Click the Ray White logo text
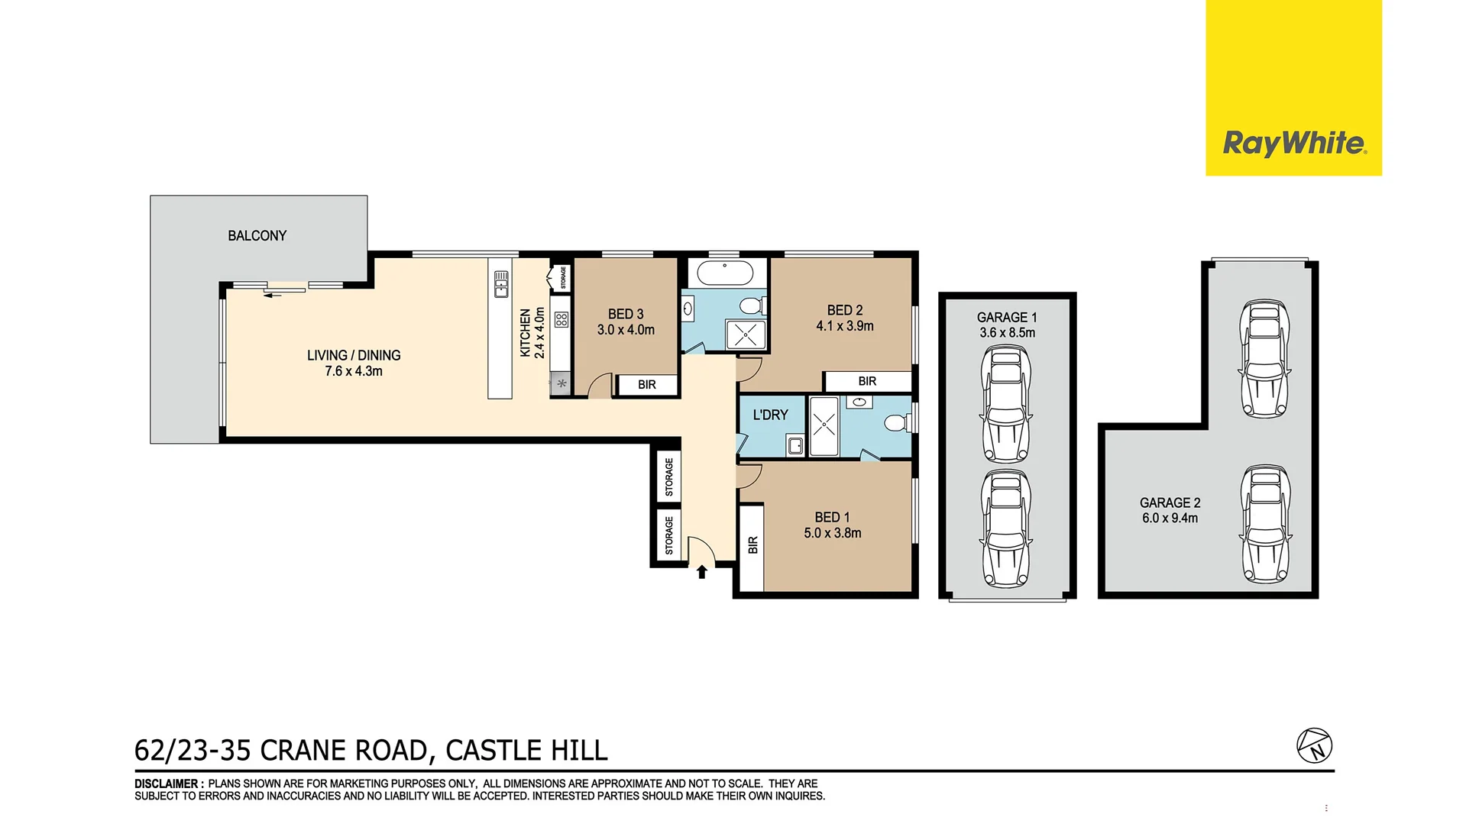(1294, 144)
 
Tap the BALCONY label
(257, 236)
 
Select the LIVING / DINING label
(354, 355)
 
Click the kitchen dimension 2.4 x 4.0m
(540, 333)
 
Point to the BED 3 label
(626, 314)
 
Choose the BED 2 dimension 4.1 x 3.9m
(845, 326)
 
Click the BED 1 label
(832, 517)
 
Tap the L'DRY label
(770, 415)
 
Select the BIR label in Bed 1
(753, 545)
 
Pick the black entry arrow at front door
(701, 571)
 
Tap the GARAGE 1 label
(1007, 317)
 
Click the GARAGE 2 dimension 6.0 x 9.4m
(1170, 518)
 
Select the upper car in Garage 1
(1006, 404)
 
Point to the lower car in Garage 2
(1266, 524)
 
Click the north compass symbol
(1314, 745)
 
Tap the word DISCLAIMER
(167, 784)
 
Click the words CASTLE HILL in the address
(526, 750)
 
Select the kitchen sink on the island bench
(501, 283)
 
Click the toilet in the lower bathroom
(896, 422)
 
